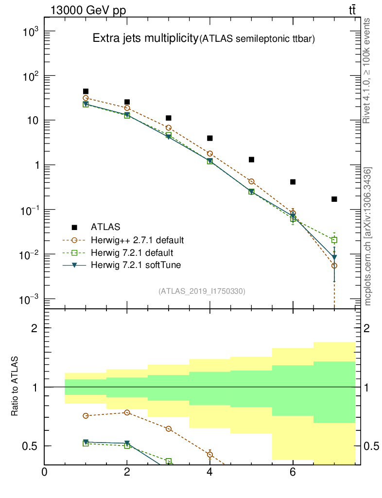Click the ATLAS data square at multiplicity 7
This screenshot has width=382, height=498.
click(334, 199)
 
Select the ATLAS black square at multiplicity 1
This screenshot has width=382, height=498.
click(86, 91)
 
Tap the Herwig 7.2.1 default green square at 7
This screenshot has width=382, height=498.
click(334, 240)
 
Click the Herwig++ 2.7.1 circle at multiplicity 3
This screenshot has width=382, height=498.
click(169, 127)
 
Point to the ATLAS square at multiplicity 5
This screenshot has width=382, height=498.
click(251, 160)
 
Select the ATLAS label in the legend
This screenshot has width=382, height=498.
click(105, 227)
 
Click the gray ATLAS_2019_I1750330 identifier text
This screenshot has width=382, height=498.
click(202, 291)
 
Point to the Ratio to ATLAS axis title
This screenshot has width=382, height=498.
click(15, 387)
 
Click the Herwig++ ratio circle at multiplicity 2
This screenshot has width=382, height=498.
click(127, 412)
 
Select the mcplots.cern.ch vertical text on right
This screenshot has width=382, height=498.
click(368, 236)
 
